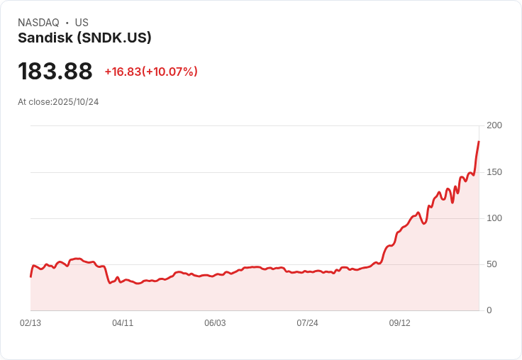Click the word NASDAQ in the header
38,23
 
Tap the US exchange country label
82,23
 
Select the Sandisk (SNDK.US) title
84,38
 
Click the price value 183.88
55,72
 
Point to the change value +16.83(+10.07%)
151,72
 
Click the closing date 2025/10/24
75,102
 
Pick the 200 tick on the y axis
494,125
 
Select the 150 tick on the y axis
494,172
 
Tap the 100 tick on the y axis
494,218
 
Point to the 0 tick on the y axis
489,310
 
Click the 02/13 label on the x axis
30,323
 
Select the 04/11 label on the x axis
123,323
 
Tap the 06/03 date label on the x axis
215,323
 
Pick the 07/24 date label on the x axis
307,323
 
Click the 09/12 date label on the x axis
399,323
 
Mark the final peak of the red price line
479,142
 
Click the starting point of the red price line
30,276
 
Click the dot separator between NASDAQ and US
67,23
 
